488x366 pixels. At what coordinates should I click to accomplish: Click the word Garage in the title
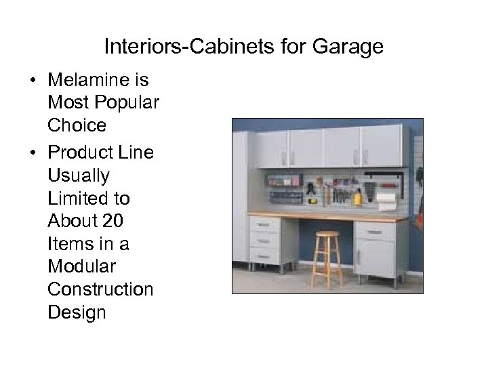pos(348,47)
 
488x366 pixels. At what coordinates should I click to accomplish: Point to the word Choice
pos(77,126)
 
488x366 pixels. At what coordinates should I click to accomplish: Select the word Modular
pos(81,266)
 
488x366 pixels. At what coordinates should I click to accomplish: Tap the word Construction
pos(100,289)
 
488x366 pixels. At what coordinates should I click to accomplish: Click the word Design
pos(77,312)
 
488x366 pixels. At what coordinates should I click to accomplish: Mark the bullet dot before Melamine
pos(32,81)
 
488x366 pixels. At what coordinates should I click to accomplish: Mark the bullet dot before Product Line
pos(32,152)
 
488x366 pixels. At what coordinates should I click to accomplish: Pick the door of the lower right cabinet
pos(377,258)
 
